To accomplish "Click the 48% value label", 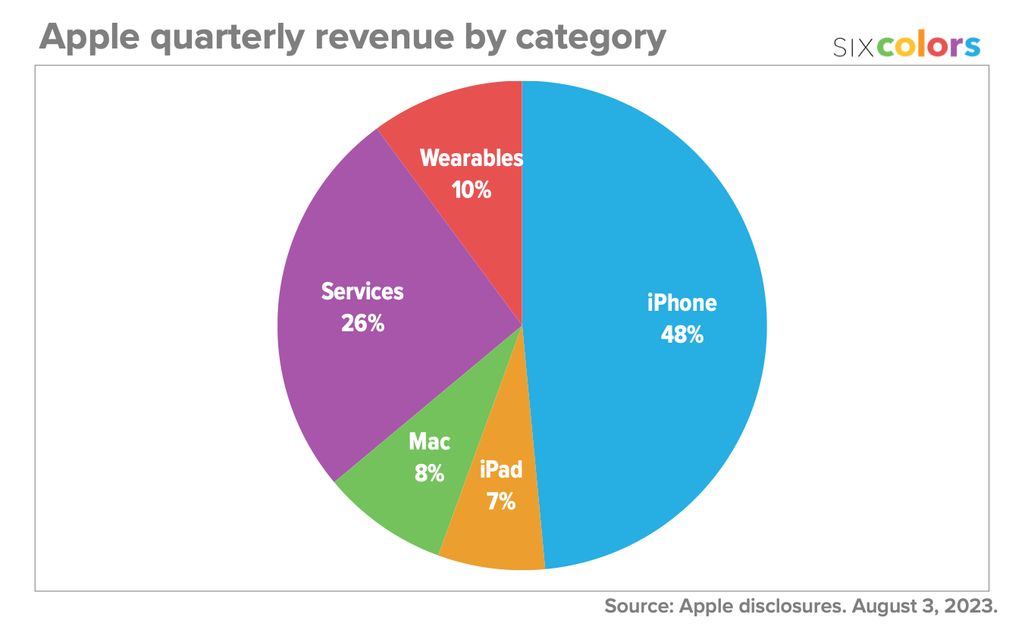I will click(682, 334).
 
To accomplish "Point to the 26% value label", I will click(362, 324).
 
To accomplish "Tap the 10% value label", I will click(471, 190).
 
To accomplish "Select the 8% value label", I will click(428, 474).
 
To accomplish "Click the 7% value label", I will click(501, 501).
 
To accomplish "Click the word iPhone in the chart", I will click(682, 303).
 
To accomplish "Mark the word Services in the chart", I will click(362, 291).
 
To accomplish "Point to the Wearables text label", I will click(471, 158).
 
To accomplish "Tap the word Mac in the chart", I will click(429, 442).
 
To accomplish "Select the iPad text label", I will click(501, 469).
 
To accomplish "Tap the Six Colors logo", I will click(906, 47).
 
